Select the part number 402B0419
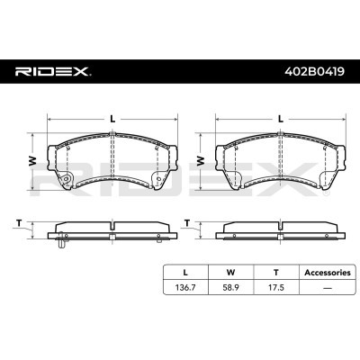pyautogui.click(x=314, y=72)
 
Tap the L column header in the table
pyautogui.click(x=185, y=273)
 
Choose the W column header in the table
pyautogui.click(x=230, y=273)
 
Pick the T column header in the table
pyautogui.click(x=276, y=273)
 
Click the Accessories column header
pyautogui.click(x=328, y=273)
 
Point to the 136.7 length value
pyautogui.click(x=185, y=288)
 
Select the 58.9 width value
pyautogui.click(x=230, y=288)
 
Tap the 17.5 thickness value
pyautogui.click(x=276, y=288)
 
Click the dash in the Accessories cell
pyautogui.click(x=328, y=288)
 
